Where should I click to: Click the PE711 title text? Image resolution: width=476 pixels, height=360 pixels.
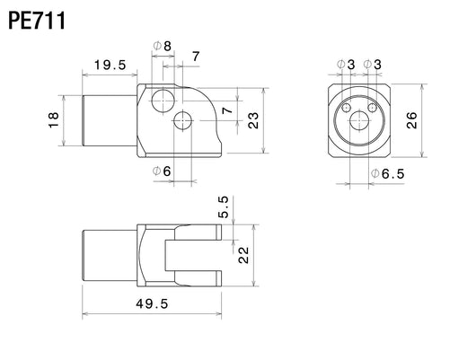tap(37, 21)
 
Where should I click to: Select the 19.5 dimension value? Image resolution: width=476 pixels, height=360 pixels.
tap(110, 65)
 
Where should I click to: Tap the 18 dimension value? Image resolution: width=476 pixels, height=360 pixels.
tap(53, 120)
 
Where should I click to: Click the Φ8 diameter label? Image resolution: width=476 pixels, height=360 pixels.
tap(163, 46)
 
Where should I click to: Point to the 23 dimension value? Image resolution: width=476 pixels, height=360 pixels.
tap(253, 120)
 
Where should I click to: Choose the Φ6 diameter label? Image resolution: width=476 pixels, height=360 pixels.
tap(162, 171)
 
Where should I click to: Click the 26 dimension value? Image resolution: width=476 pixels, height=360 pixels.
tap(412, 120)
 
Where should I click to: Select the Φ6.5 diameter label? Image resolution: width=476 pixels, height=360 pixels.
tap(388, 174)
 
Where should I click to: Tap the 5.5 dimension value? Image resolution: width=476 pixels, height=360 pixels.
tap(223, 207)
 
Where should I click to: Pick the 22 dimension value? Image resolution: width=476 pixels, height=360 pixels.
tap(243, 255)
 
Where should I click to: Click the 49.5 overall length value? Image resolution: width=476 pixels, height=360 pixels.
tap(152, 303)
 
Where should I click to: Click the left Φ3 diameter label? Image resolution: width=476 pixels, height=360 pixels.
tap(346, 65)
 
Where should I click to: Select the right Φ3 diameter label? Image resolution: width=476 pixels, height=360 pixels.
tap(373, 65)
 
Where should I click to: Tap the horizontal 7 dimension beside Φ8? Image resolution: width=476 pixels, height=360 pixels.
tap(196, 57)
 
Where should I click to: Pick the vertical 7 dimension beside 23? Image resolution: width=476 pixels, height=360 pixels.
tap(227, 110)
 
